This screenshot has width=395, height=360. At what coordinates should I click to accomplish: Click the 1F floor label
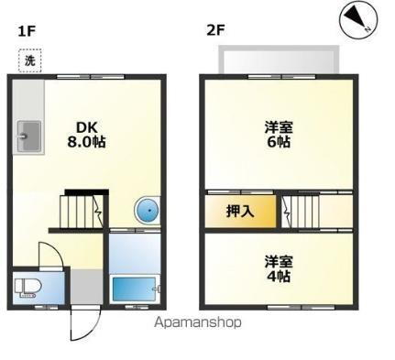pyautogui.click(x=27, y=30)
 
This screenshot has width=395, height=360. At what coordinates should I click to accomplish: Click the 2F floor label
pyautogui.click(x=214, y=30)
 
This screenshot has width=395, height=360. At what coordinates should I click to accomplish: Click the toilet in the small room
pyautogui.click(x=25, y=288)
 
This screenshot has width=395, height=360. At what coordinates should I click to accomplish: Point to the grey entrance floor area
pyautogui.click(x=87, y=287)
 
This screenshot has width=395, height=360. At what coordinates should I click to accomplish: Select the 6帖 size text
pyautogui.click(x=280, y=142)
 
